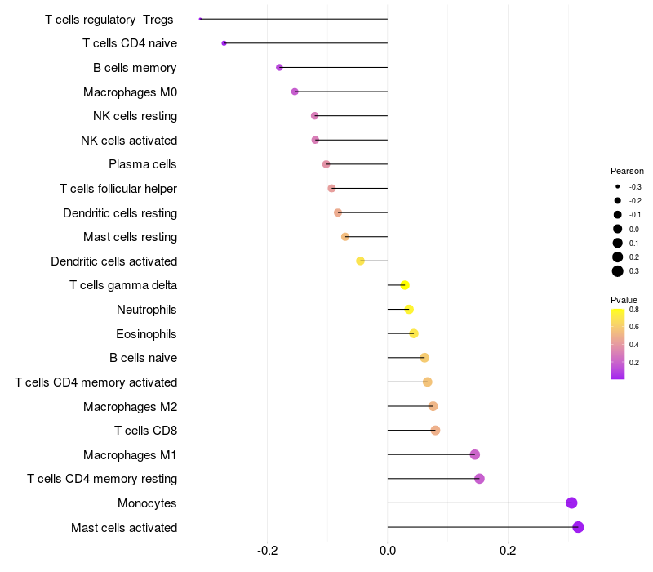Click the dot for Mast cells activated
tap(578, 527)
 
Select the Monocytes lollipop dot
tap(571, 503)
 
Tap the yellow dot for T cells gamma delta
tap(405, 285)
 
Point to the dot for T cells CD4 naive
tap(224, 42)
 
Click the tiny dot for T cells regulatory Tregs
tap(200, 19)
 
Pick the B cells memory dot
tap(279, 67)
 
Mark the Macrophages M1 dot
tap(475, 454)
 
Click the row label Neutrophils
tap(147, 310)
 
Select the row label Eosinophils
tap(147, 333)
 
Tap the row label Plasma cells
tap(143, 164)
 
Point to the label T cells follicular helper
tap(118, 189)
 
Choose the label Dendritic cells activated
tap(114, 261)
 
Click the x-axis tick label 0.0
tap(388, 551)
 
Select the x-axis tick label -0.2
tap(268, 551)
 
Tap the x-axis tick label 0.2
tap(508, 551)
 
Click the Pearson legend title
tap(627, 172)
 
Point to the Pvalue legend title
tap(624, 300)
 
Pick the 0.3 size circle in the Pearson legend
tap(618, 271)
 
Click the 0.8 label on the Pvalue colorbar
tap(634, 310)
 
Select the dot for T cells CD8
tap(435, 430)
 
